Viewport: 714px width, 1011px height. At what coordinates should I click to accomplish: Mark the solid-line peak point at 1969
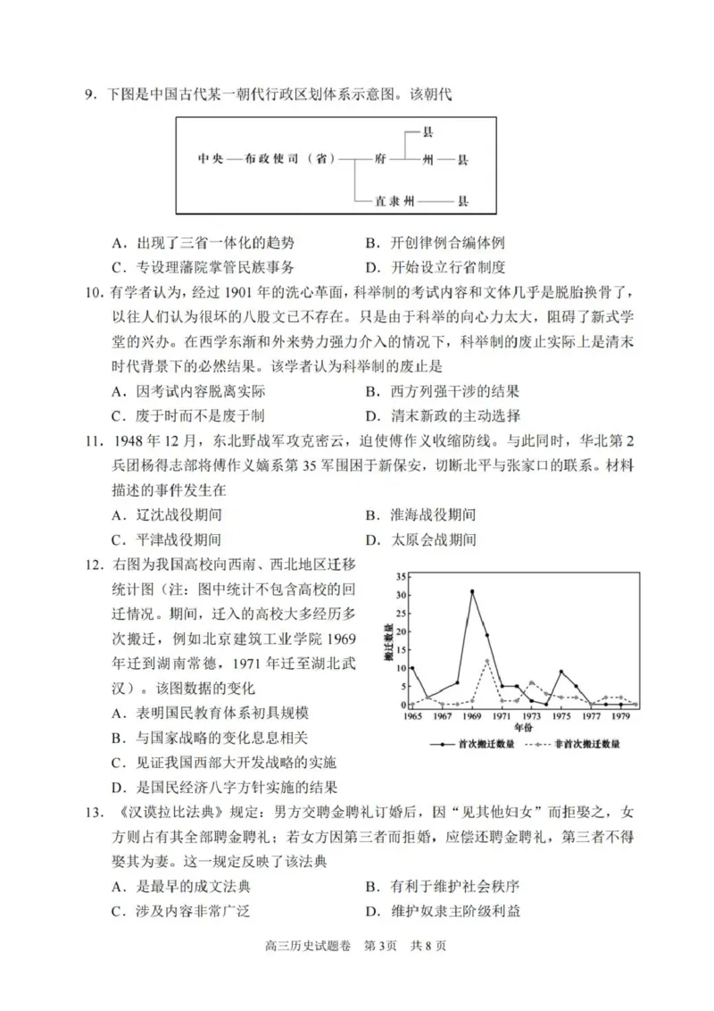[472, 591]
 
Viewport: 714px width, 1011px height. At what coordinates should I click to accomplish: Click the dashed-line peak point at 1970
[487, 660]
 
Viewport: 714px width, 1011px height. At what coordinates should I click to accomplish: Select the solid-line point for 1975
[561, 672]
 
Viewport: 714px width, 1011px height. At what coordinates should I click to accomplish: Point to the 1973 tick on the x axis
[532, 716]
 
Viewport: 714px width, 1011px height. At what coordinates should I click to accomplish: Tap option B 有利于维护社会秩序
[443, 886]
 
